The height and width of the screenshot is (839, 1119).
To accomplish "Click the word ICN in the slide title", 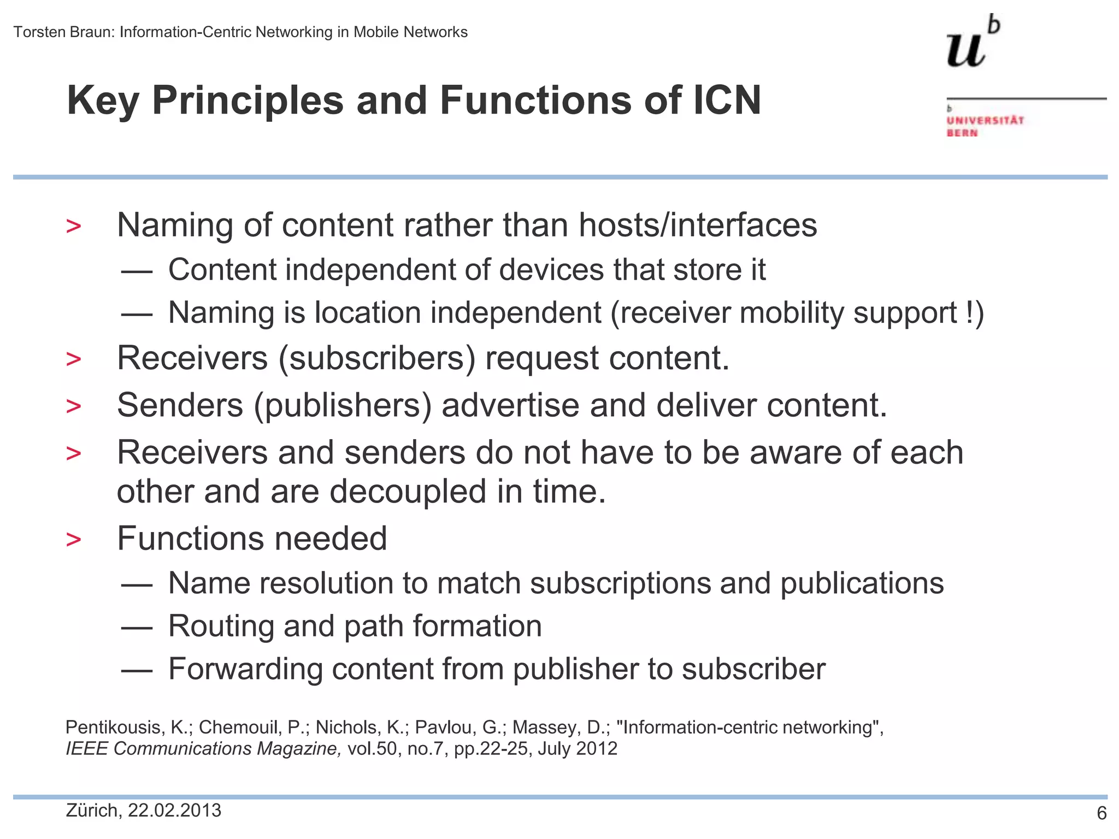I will click(727, 101).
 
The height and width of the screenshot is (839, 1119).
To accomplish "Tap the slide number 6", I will click(1102, 813).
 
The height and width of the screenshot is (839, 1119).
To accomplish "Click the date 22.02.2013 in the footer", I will click(174, 810).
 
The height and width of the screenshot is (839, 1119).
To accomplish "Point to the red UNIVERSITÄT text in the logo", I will click(985, 120).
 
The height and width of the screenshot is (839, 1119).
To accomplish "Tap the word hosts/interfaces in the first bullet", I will click(698, 225).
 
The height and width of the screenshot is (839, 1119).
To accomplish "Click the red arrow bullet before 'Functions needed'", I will click(73, 540).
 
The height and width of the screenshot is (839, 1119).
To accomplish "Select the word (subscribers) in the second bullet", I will click(377, 358).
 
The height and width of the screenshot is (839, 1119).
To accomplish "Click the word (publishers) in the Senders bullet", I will click(343, 405).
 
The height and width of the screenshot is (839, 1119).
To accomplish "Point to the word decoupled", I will click(408, 491).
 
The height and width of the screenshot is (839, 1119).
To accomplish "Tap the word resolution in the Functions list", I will click(326, 583).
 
